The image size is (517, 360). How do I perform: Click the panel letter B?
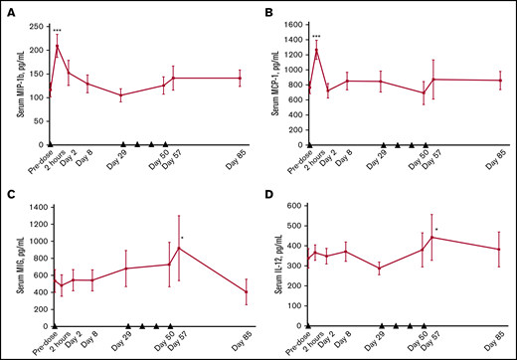(266, 14)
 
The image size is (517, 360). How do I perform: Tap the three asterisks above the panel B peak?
(317, 37)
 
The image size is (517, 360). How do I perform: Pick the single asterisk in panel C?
(182, 238)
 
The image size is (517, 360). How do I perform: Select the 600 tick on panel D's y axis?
(295, 206)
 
